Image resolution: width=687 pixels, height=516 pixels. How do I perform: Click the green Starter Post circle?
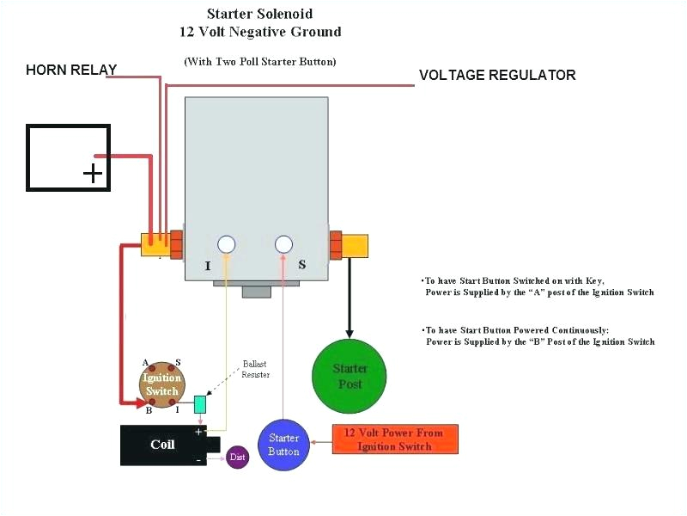click(350, 377)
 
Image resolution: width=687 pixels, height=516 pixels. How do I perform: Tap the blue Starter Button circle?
click(283, 445)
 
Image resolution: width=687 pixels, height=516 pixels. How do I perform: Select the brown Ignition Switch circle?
click(161, 384)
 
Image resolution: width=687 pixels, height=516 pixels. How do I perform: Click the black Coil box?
click(163, 445)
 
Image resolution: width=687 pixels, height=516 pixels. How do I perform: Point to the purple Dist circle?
click(238, 458)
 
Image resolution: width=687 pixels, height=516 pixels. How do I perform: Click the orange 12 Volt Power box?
click(394, 439)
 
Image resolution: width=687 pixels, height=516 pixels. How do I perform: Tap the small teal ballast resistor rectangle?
click(200, 403)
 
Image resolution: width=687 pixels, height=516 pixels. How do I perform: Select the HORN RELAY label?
click(71, 70)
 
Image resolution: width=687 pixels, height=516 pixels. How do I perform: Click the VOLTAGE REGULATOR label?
click(497, 76)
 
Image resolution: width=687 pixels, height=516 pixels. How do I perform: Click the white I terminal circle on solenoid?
click(227, 244)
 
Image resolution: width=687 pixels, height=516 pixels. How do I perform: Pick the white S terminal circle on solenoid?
click(284, 244)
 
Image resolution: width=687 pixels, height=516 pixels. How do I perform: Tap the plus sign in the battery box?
click(92, 175)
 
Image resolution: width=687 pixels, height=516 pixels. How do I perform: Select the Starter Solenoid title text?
click(260, 15)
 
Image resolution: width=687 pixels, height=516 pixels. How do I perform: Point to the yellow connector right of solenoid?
click(355, 245)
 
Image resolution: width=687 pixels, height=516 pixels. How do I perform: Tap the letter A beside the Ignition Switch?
click(145, 363)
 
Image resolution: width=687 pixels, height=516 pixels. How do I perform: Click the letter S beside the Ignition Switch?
click(178, 363)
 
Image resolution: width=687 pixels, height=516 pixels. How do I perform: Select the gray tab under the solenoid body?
click(256, 291)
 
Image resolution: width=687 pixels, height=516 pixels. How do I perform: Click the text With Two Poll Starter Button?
click(260, 61)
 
